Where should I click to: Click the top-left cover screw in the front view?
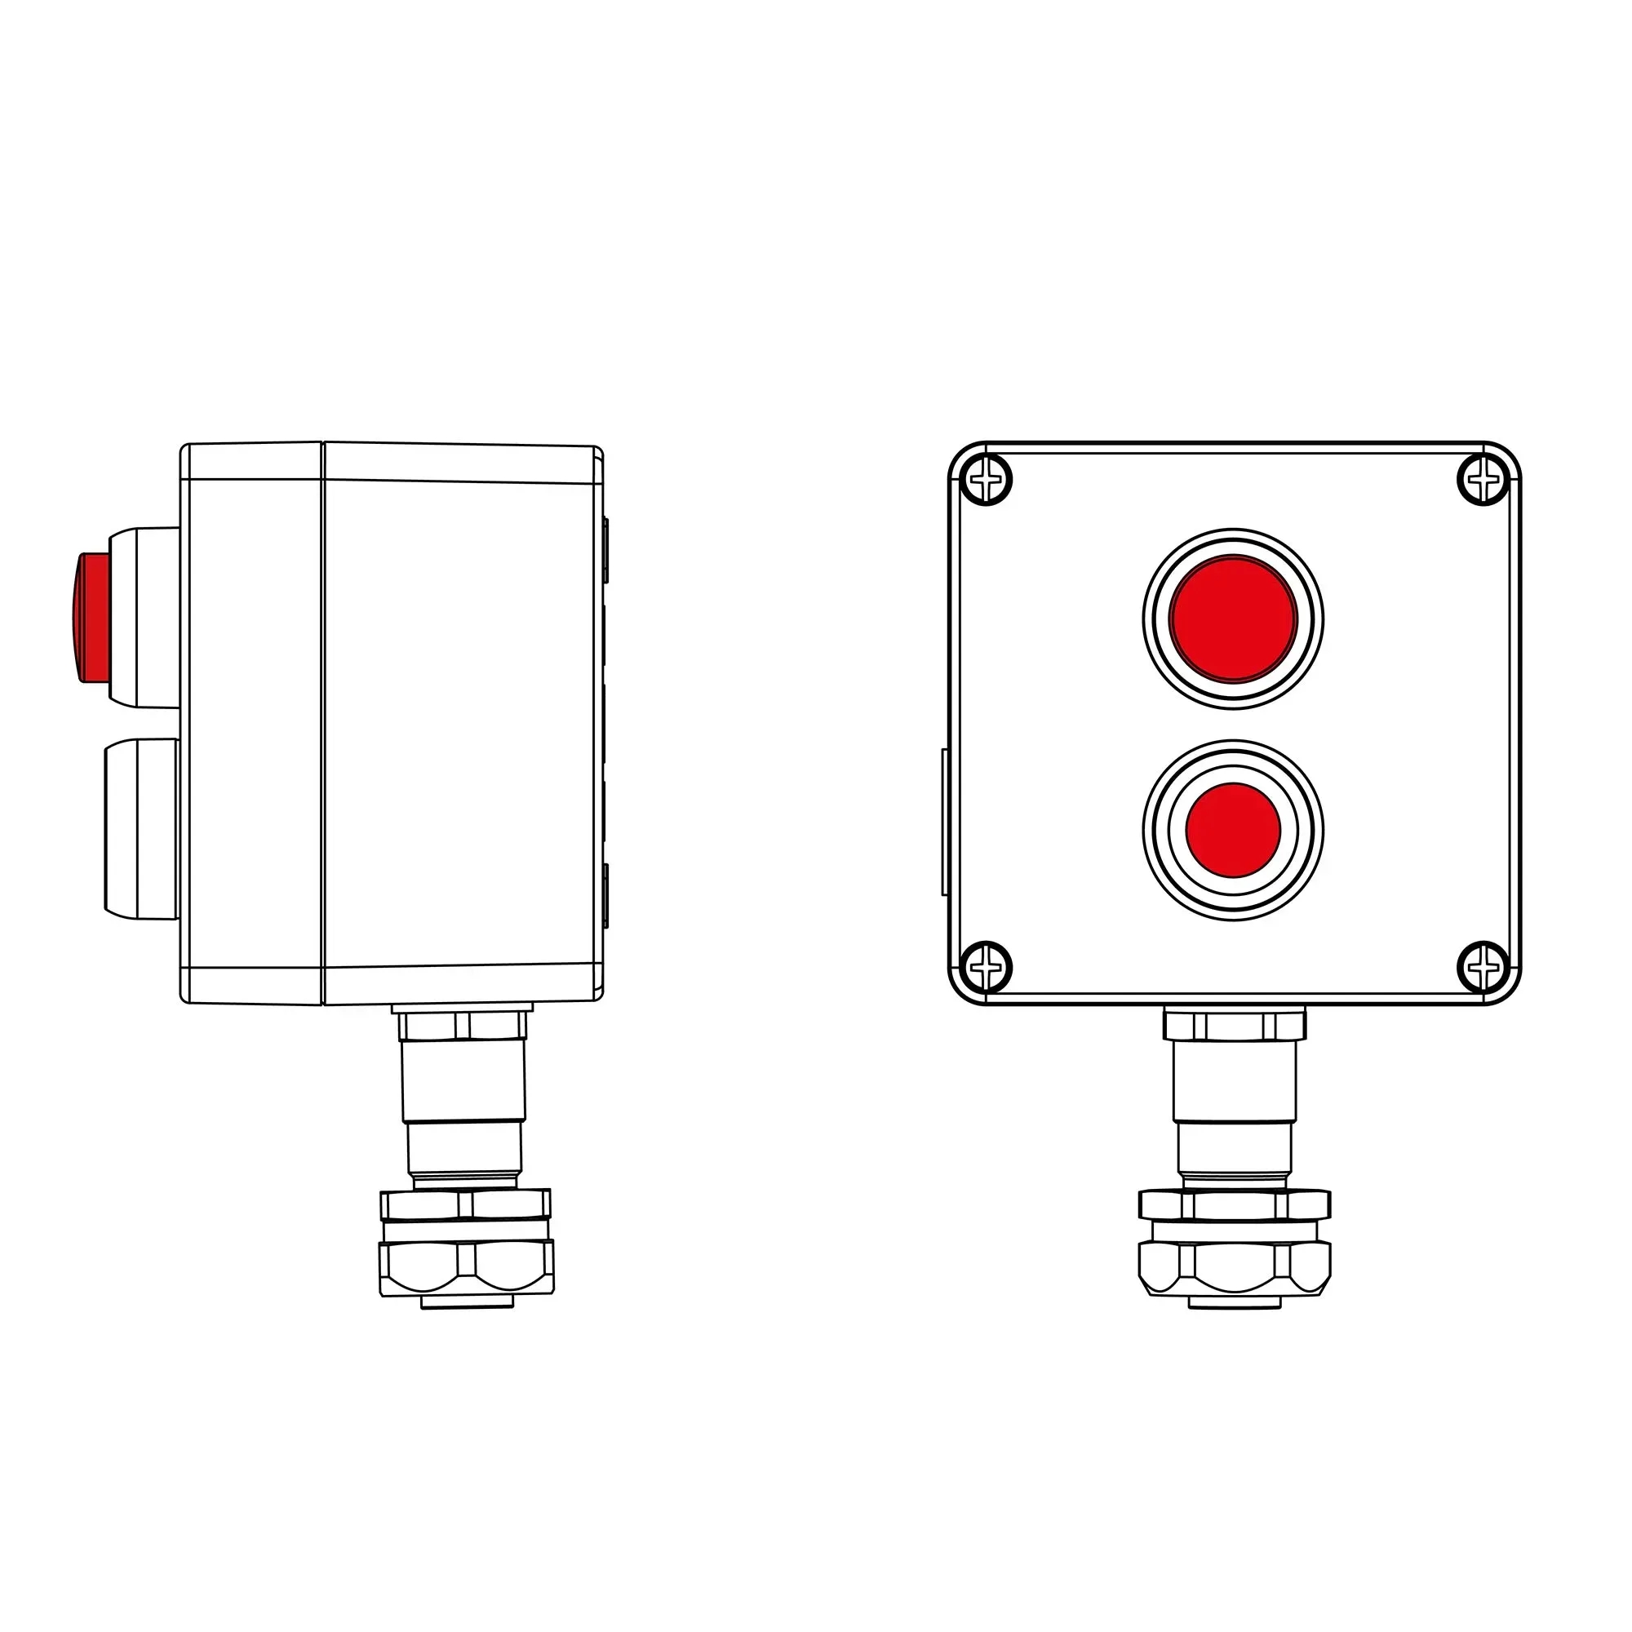[x=986, y=480]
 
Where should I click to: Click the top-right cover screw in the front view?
[x=1483, y=480]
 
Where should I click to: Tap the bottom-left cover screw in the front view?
[x=986, y=966]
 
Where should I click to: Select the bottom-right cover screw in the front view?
[x=1483, y=966]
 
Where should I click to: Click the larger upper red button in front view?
[x=1233, y=619]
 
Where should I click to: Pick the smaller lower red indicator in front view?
[x=1233, y=830]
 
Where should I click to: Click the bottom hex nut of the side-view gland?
[x=466, y=1267]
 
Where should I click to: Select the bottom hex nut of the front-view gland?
[x=1234, y=1267]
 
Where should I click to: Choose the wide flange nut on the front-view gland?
[x=1234, y=1204]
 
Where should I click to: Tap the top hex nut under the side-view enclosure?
[x=463, y=1026]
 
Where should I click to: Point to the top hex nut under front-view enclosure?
[x=1234, y=1026]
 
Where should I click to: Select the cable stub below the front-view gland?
[x=1234, y=1303]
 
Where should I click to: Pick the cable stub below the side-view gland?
[x=466, y=1303]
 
